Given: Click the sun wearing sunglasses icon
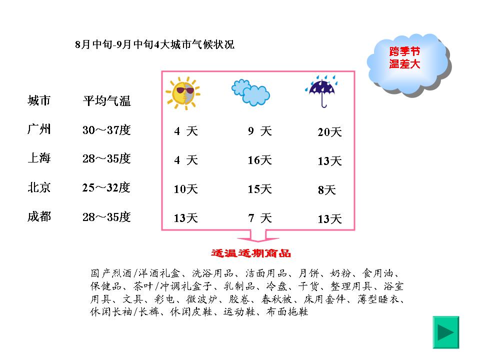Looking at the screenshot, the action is click(x=183, y=93).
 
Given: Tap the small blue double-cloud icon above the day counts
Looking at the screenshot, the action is click(x=250, y=92).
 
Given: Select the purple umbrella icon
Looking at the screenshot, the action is click(x=321, y=91).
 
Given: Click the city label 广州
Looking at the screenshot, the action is click(x=39, y=129).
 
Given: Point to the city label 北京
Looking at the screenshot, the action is click(x=39, y=187).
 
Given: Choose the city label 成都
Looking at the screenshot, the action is click(x=39, y=216).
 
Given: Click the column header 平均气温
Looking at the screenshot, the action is click(x=106, y=100).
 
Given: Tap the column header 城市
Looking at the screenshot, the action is click(x=39, y=100).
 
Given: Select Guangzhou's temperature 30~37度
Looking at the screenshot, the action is click(x=106, y=130).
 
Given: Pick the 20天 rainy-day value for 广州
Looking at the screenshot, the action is click(x=329, y=132).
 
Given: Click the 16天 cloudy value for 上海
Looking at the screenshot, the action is click(x=259, y=160).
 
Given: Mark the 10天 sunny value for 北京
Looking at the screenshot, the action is click(x=186, y=189).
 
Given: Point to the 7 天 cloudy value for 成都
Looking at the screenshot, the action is click(x=260, y=218).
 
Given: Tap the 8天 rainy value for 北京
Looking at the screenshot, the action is click(x=327, y=190).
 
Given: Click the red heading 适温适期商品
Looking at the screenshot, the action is click(x=251, y=253).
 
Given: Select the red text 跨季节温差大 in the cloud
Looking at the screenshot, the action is click(x=404, y=57).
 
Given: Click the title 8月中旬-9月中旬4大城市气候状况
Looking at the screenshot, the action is click(x=154, y=44).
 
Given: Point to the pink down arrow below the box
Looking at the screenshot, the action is click(x=258, y=236).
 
